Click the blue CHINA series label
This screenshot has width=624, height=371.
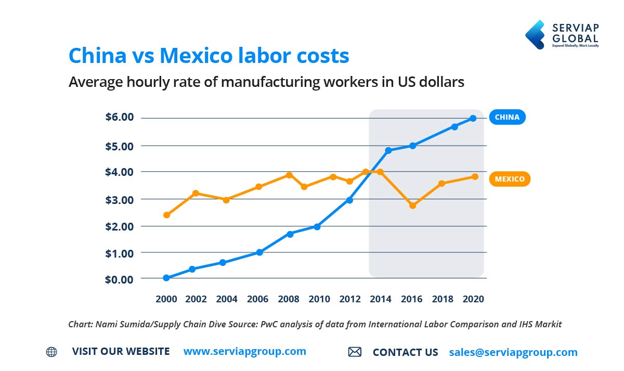point(507,117)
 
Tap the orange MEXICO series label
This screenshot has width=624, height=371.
point(510,179)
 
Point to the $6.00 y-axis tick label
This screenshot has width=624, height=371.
point(120,118)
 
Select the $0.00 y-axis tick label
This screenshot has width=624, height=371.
point(120,279)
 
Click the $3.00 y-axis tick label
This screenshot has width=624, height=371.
point(120,200)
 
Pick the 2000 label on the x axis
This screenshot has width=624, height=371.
point(166,299)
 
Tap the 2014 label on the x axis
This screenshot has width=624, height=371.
point(381,299)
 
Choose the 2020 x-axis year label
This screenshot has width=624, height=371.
point(474,299)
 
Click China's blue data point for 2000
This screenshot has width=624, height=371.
point(166,278)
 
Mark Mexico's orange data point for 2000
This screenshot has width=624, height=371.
point(166,215)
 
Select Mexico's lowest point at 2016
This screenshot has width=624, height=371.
point(412,206)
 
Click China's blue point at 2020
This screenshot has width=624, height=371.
point(473,118)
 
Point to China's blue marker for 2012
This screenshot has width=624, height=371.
point(349,200)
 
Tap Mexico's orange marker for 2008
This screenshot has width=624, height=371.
point(289,175)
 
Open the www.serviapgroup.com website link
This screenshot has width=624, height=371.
point(244,351)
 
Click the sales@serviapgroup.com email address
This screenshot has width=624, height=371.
point(513,352)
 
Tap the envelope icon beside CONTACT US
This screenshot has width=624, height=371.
point(355,352)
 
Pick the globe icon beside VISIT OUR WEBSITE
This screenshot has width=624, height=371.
point(51,352)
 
